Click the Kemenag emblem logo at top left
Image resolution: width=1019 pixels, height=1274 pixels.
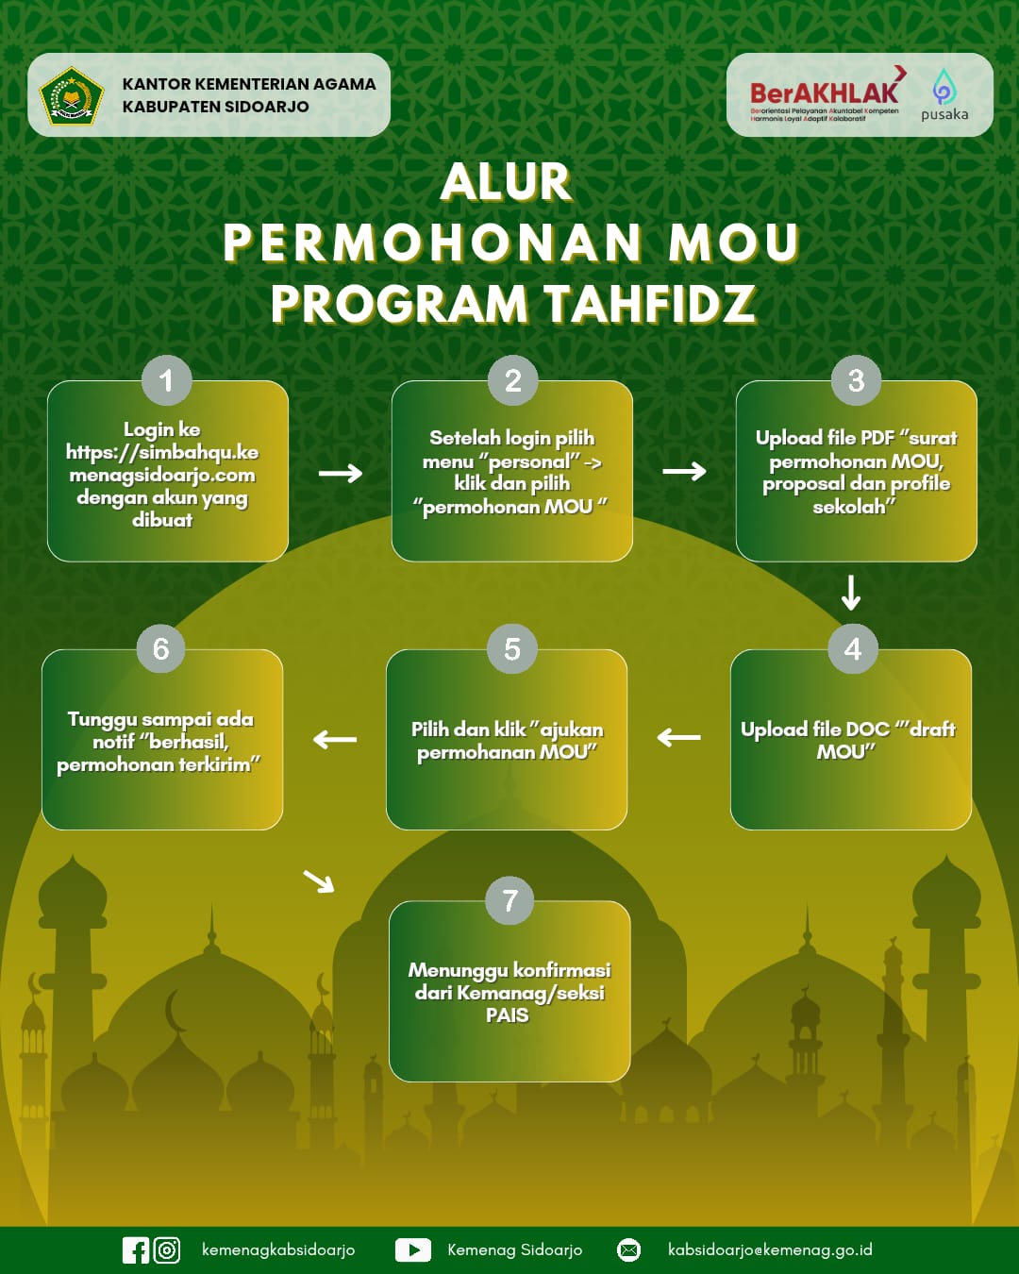(71, 95)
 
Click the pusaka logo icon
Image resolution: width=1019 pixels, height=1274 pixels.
(944, 88)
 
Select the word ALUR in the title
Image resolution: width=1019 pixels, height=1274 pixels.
(507, 182)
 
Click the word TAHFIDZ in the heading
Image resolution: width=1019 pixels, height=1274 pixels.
(649, 304)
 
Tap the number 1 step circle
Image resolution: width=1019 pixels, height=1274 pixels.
(166, 380)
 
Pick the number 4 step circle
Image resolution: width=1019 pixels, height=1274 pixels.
(853, 649)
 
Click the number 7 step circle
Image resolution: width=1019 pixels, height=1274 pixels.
(509, 900)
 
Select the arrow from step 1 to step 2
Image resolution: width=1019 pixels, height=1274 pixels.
(341, 473)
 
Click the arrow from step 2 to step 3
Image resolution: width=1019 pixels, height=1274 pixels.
(684, 471)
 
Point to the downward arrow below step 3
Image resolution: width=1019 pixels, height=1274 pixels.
(851, 593)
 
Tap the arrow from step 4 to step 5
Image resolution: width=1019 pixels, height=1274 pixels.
(678, 737)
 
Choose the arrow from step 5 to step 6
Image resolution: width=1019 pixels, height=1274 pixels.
(335, 739)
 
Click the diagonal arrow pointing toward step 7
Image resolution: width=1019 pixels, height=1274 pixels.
(319, 881)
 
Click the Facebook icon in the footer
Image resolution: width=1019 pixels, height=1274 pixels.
(136, 1250)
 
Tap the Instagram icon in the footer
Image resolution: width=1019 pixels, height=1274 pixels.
(167, 1250)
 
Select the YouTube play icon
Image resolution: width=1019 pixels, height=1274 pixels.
(412, 1250)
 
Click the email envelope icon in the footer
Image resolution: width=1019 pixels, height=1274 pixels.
(628, 1250)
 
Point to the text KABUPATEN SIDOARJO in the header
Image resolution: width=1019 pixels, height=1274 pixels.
(215, 107)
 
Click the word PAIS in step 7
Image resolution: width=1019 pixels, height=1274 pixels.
(507, 1015)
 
